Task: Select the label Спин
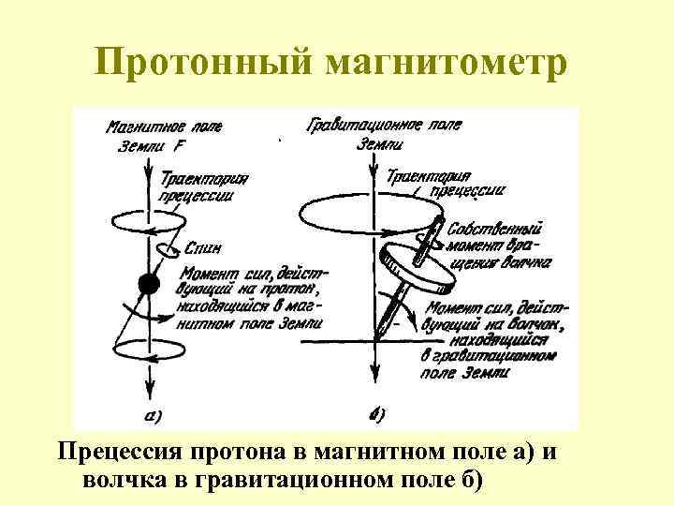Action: tap(203, 249)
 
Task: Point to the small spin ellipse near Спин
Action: tap(167, 249)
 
